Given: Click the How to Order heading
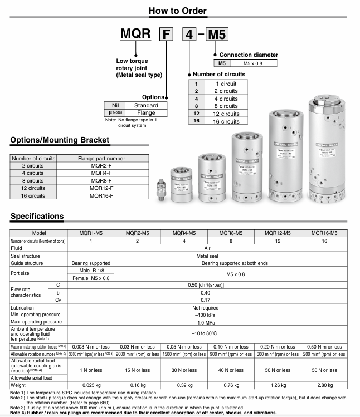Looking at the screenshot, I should [x=178, y=11].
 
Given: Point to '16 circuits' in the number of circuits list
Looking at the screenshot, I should [x=226, y=121].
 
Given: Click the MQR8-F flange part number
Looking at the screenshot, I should [x=100, y=180].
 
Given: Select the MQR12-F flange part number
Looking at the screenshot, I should [x=100, y=188].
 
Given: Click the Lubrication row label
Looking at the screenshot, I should [x=23, y=307].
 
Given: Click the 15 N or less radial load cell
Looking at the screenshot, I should [x=137, y=370].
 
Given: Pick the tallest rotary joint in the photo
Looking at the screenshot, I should [x=329, y=150].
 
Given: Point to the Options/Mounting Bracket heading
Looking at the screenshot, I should [x=60, y=140].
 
